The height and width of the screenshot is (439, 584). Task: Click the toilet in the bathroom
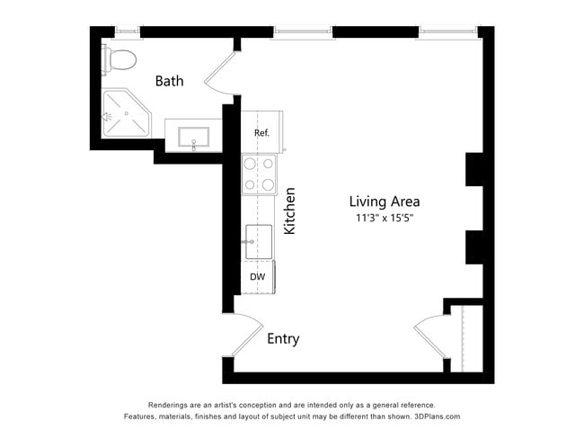point(120,60)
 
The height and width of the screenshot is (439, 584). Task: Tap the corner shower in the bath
point(125,113)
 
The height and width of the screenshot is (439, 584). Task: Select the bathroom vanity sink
point(194,138)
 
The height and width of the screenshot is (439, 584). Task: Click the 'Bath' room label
point(169,81)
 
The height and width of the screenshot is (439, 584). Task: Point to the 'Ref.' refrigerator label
point(261,132)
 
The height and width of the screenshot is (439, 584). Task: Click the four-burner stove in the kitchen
point(259,175)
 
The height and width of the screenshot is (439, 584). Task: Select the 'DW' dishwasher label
point(257,277)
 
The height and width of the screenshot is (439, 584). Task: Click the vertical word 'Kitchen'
point(289,211)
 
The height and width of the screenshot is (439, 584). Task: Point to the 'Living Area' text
point(385,202)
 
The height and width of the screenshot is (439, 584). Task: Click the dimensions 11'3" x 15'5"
point(385,218)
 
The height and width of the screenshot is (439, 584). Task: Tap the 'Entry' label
point(283,339)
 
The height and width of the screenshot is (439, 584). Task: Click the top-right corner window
point(447,31)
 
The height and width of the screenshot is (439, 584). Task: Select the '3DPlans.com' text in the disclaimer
point(436,417)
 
